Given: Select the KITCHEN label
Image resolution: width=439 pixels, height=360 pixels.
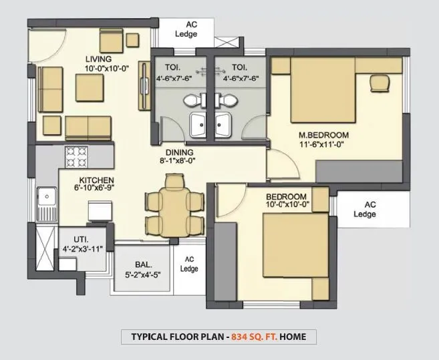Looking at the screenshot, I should click(97, 180).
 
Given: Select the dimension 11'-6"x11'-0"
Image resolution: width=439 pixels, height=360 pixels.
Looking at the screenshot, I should click(323, 144).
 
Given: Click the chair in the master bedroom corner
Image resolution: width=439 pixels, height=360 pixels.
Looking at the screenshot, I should click(378, 81).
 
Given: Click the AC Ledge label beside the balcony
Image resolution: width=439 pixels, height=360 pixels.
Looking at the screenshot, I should click(190, 264).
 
